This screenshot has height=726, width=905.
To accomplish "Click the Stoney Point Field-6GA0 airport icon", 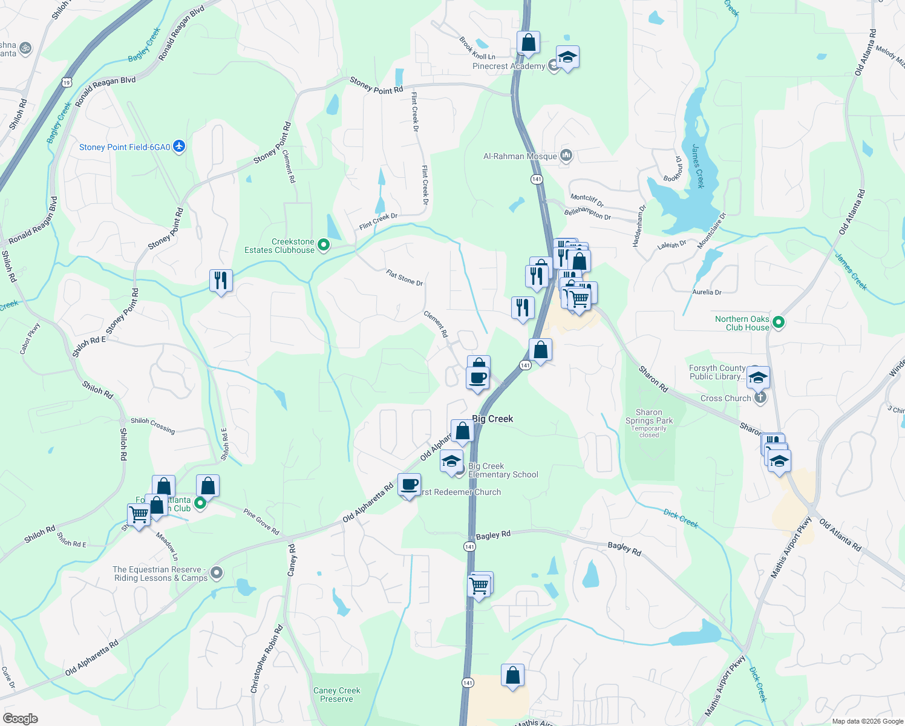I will [x=178, y=146].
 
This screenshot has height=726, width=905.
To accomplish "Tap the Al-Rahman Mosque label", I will [x=520, y=156].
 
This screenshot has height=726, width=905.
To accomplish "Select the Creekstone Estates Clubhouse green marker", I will [x=324, y=245].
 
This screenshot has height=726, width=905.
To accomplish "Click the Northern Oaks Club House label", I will [x=742, y=323].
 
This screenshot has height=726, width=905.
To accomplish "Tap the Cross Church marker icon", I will [x=761, y=397].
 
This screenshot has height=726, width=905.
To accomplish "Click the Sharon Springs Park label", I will [x=649, y=416].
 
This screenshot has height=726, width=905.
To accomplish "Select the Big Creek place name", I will [x=492, y=419].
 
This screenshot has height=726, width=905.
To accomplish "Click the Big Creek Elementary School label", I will [x=503, y=470].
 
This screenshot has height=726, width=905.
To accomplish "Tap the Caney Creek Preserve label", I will [x=336, y=695].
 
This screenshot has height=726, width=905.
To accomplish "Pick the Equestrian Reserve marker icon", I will [x=218, y=573].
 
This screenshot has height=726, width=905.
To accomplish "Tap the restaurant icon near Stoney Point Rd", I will [x=221, y=280].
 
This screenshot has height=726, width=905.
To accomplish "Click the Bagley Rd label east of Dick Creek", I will [x=624, y=548].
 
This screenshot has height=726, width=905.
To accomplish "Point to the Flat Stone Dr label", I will [x=404, y=278].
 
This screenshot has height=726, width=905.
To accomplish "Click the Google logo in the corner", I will [x=21, y=718].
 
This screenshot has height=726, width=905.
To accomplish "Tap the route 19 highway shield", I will [x=66, y=82].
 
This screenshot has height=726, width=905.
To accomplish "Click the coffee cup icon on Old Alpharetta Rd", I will [x=410, y=485].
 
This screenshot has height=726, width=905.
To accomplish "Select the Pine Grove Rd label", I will [x=261, y=522].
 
